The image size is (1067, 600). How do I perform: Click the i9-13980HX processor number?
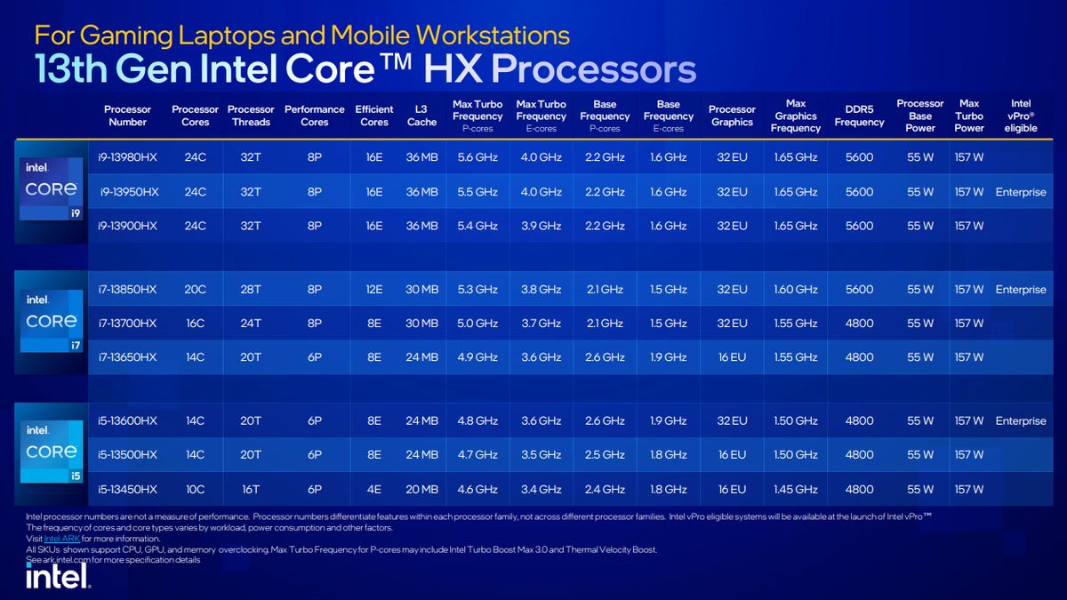127,157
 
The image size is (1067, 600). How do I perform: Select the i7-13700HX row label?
127,324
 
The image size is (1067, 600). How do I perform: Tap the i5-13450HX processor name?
127,489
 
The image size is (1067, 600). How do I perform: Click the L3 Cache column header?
421,116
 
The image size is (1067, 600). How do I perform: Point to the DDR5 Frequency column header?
859,116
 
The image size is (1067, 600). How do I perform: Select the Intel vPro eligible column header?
1020,116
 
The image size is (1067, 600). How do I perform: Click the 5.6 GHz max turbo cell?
477,157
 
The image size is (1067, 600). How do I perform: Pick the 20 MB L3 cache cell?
421,489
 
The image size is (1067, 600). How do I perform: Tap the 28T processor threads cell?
251,290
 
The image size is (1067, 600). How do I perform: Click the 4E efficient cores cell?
374,489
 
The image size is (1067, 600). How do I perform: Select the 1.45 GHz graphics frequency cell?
795,489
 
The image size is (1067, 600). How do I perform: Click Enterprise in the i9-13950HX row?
1021,192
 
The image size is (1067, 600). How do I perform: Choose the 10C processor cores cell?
195,489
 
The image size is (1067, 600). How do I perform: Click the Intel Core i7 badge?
52,322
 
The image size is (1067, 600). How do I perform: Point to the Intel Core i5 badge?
52,453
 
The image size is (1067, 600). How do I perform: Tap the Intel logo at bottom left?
58,578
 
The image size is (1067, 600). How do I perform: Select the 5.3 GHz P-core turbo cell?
477,290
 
